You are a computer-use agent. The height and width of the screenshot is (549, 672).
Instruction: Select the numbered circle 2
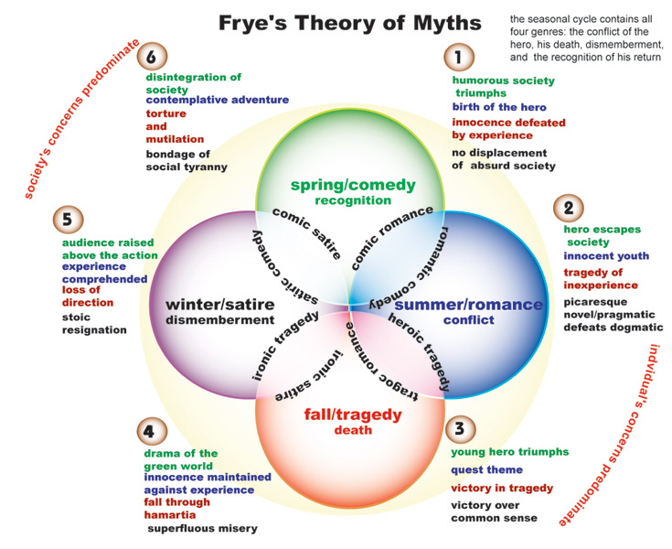point(569,208)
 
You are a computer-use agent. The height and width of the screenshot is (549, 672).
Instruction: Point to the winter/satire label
point(219,304)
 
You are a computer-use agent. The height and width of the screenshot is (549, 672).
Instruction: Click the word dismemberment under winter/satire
point(219,320)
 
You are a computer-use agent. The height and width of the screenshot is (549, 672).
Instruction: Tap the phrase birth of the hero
point(499,107)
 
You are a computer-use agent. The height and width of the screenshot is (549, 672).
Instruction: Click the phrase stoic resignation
point(94,323)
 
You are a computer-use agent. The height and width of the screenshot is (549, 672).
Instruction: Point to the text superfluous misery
point(202,528)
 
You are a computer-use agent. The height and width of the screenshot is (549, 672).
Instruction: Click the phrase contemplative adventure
point(217,100)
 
